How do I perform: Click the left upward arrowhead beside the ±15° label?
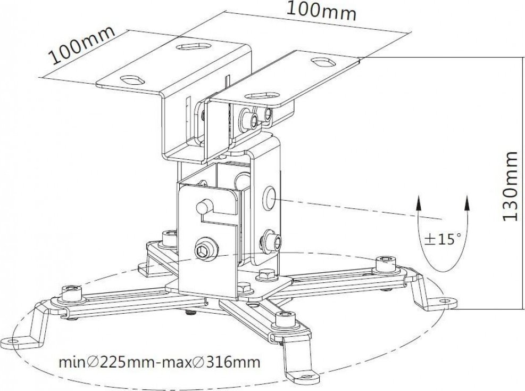pos(419,201)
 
